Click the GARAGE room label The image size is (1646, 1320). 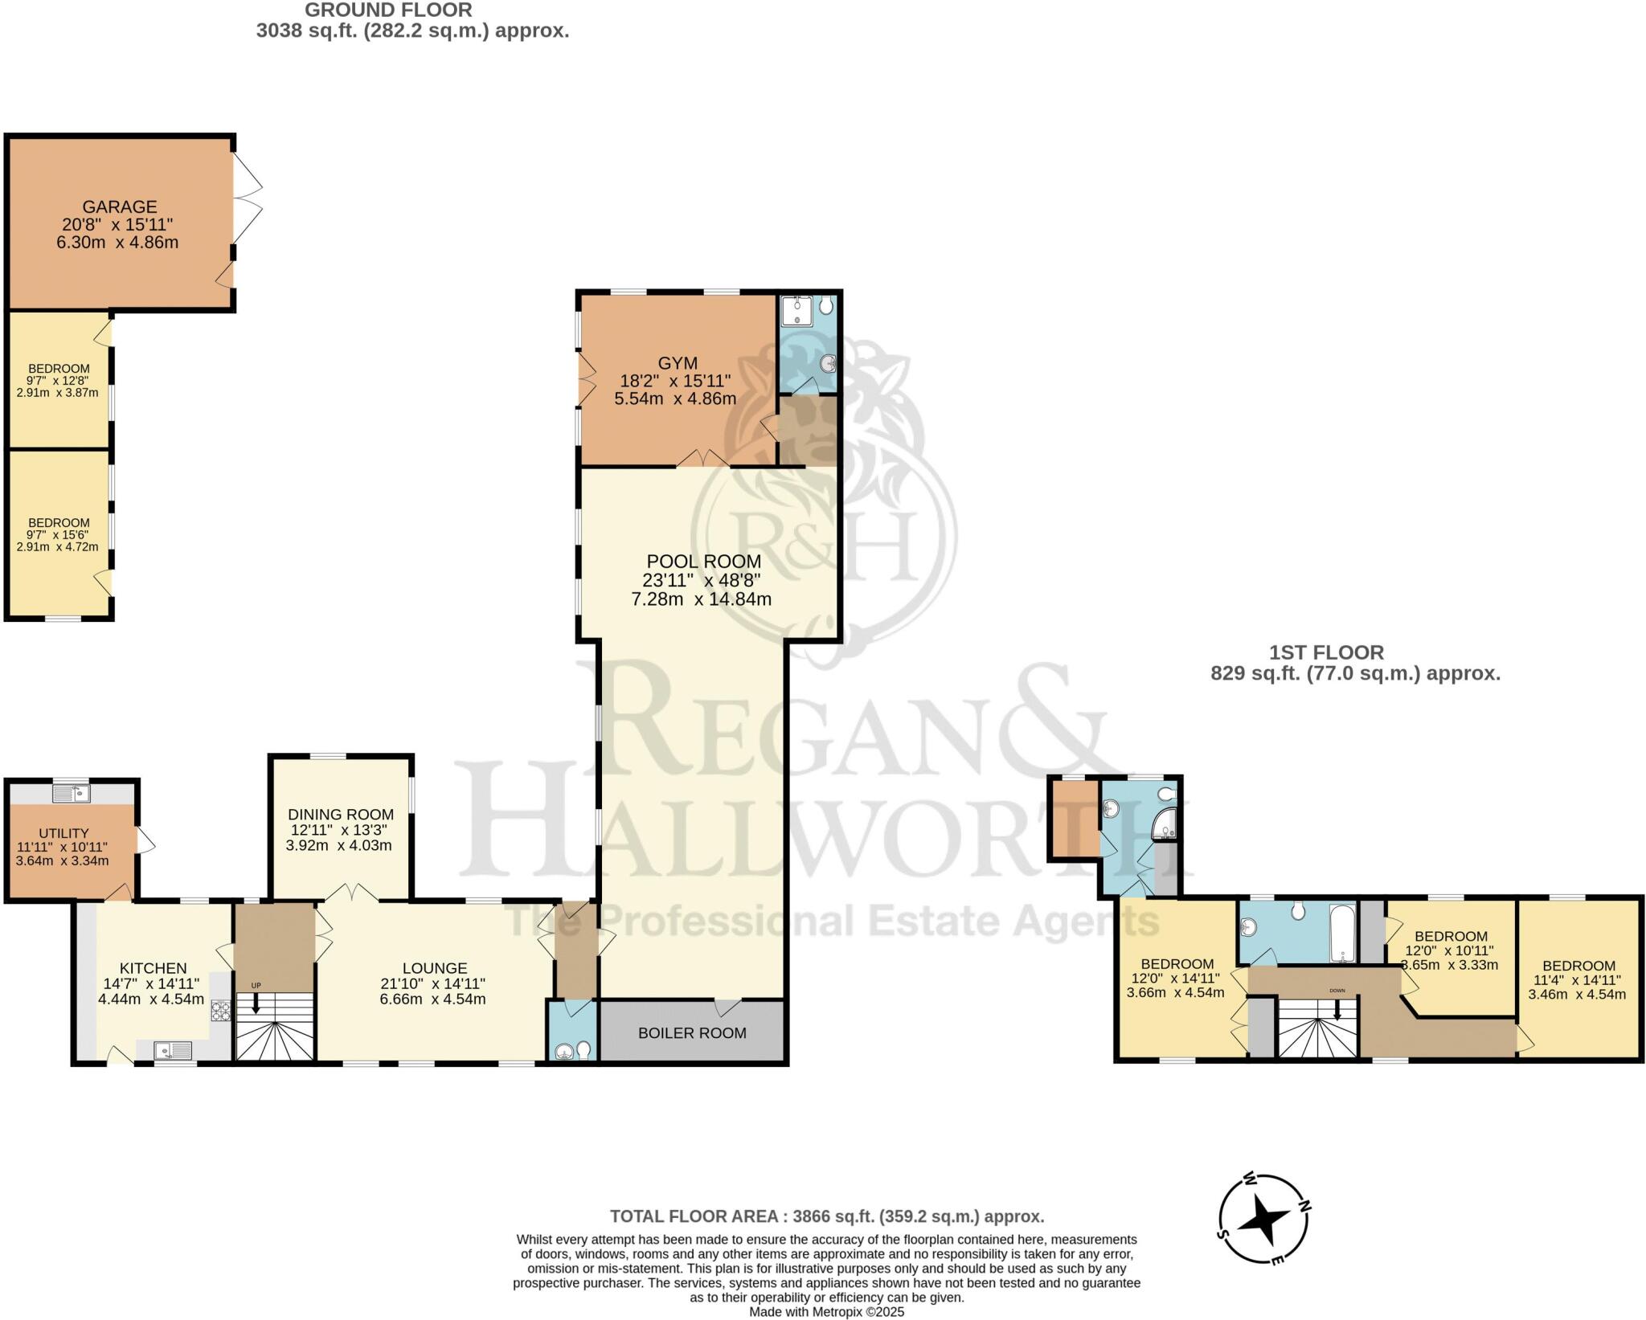pos(119,206)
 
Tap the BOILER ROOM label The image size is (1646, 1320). pos(692,1033)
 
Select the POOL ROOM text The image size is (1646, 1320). pos(703,562)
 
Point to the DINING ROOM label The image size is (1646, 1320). pos(341,815)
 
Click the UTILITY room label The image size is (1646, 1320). pos(63,833)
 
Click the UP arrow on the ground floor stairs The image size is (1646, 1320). pos(256,1003)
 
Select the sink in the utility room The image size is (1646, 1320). pos(72,794)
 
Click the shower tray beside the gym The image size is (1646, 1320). pos(797,311)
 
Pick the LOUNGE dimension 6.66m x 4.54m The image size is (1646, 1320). pos(433,999)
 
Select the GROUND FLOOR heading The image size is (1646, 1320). pos(387,10)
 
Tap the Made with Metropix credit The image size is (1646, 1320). pos(826,1312)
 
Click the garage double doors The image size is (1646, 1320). pos(248,198)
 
